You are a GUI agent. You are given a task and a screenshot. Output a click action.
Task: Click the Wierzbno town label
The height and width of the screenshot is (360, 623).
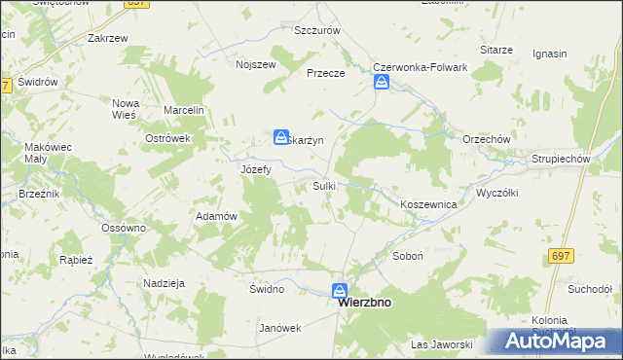364,303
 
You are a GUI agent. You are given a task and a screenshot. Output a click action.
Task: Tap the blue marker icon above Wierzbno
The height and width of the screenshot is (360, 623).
340,290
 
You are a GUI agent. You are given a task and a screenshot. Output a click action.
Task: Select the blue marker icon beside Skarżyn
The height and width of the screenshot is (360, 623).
281,137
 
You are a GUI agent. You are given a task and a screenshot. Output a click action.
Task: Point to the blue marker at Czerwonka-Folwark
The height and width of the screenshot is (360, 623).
382,84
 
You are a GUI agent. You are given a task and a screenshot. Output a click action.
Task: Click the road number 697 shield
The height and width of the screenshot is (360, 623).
559,256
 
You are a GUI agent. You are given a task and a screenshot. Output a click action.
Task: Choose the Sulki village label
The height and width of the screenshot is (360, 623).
324,185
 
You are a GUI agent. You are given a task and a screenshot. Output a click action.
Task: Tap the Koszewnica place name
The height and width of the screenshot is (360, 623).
429,205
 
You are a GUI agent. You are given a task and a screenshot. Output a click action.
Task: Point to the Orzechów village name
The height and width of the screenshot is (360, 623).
487,139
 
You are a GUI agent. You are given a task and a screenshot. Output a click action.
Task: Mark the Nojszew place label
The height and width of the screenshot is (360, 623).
256,65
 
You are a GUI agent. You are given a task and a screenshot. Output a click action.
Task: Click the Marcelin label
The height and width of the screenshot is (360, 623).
183,110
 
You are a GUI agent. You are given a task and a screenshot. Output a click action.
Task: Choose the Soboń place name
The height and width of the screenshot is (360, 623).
406,258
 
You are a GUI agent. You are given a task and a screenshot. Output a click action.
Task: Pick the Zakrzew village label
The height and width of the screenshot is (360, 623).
108,39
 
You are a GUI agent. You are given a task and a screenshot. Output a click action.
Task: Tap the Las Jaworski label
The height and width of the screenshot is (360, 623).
441,344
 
